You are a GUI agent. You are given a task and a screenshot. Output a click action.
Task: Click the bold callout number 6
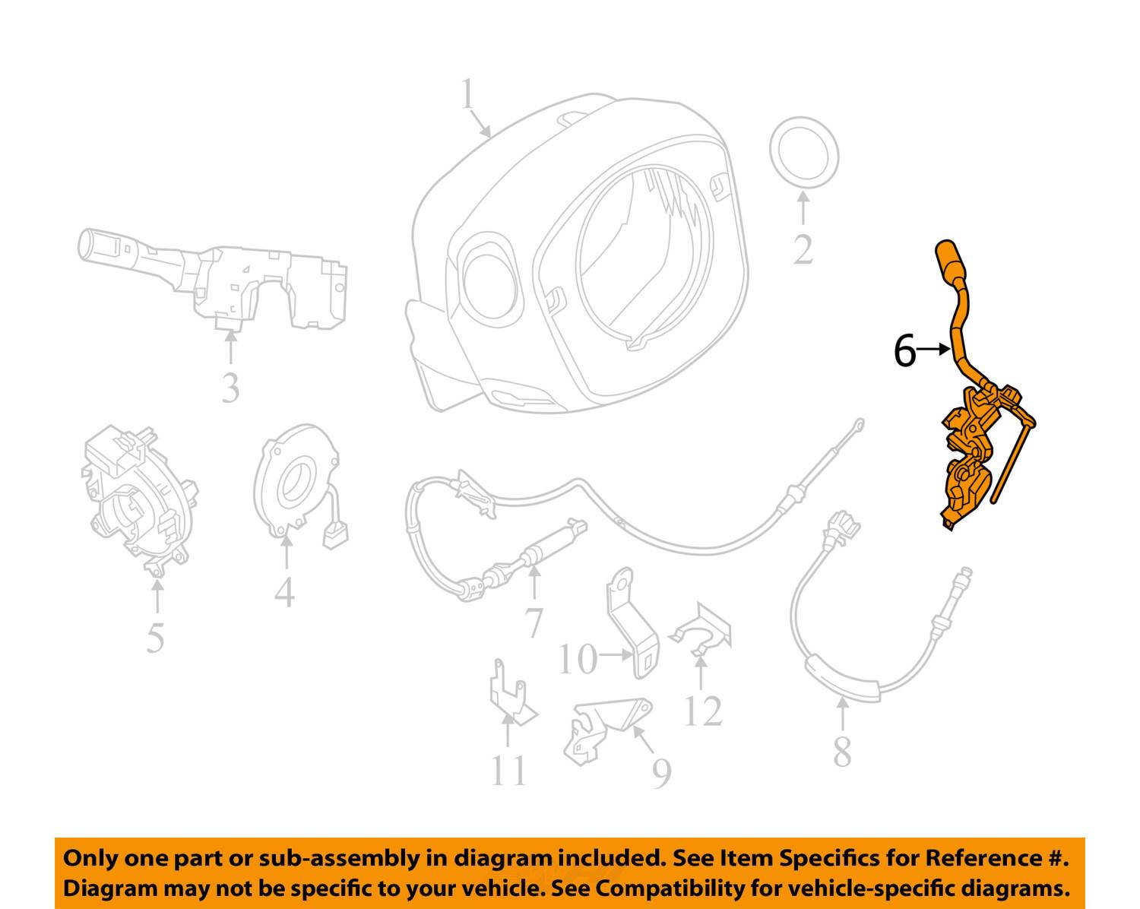click(904, 350)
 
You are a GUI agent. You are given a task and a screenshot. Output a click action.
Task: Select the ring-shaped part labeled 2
click(803, 153)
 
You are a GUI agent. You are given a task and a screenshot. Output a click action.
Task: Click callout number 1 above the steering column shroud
click(467, 94)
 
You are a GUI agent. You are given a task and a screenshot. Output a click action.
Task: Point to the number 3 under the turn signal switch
click(230, 388)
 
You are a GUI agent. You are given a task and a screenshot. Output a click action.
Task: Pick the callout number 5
click(155, 638)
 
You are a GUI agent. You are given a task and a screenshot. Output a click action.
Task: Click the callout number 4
click(284, 592)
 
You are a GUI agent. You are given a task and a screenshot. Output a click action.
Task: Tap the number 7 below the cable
click(534, 623)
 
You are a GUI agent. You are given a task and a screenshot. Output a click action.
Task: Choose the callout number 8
click(842, 751)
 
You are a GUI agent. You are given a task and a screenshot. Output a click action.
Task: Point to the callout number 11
click(508, 771)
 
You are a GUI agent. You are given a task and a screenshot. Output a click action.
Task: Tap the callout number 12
click(703, 711)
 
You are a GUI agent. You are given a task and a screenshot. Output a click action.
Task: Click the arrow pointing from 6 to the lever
click(933, 349)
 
